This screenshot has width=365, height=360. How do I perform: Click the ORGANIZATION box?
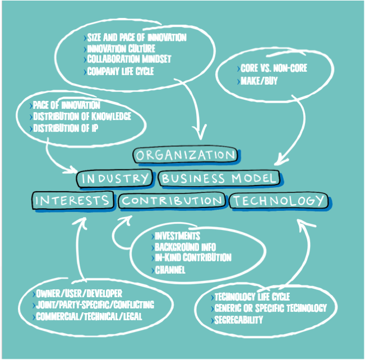point(186,155)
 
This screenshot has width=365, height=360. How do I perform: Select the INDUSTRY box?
point(115,179)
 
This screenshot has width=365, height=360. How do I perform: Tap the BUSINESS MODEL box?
point(219,179)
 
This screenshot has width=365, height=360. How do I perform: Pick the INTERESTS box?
point(72,200)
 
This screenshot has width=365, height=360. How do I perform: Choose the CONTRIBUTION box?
point(172,201)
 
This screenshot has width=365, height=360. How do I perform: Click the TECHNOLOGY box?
point(279,200)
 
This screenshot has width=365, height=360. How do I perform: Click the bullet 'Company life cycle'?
point(120,71)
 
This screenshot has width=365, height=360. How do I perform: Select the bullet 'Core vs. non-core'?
point(273,68)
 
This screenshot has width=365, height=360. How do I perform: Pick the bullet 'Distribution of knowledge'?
point(82,117)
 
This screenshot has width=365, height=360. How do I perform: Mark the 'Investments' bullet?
point(177,236)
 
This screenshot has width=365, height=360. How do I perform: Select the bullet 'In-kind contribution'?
point(193,258)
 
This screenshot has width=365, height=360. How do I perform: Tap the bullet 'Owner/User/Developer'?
point(79,293)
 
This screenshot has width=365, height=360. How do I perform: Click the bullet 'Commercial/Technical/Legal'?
point(89,316)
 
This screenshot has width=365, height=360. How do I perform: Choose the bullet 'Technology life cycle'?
point(251,297)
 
